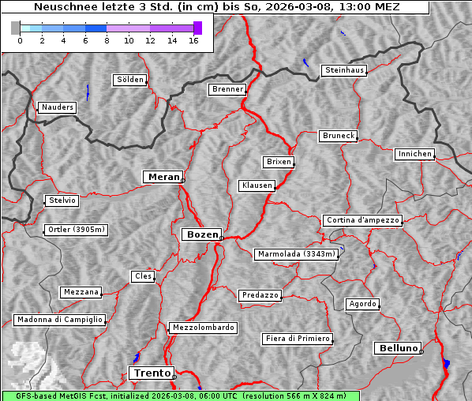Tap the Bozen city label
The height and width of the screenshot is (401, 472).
coord(202,234)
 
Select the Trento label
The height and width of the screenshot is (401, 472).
coord(151,373)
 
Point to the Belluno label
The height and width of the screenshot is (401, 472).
coord(397,347)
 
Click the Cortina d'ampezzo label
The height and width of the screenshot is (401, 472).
coord(362,220)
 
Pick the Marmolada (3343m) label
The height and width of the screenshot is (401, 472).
coord(297,254)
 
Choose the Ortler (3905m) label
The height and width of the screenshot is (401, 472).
coord(75,230)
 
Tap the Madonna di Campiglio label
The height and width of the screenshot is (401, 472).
coord(59,320)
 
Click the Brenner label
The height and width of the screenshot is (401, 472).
coord(227,89)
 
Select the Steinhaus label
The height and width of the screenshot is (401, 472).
coord(344,70)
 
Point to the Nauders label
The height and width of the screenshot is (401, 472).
coord(57,107)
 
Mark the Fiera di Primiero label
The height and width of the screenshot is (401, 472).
coord(297,339)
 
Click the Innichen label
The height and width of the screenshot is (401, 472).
coord(414,154)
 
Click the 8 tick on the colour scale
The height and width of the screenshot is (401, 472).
coord(107,41)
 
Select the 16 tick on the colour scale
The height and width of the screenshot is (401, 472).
coord(193,41)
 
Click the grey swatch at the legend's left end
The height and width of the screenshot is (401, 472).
coord(16,28)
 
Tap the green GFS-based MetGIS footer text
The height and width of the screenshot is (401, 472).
coord(180,395)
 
